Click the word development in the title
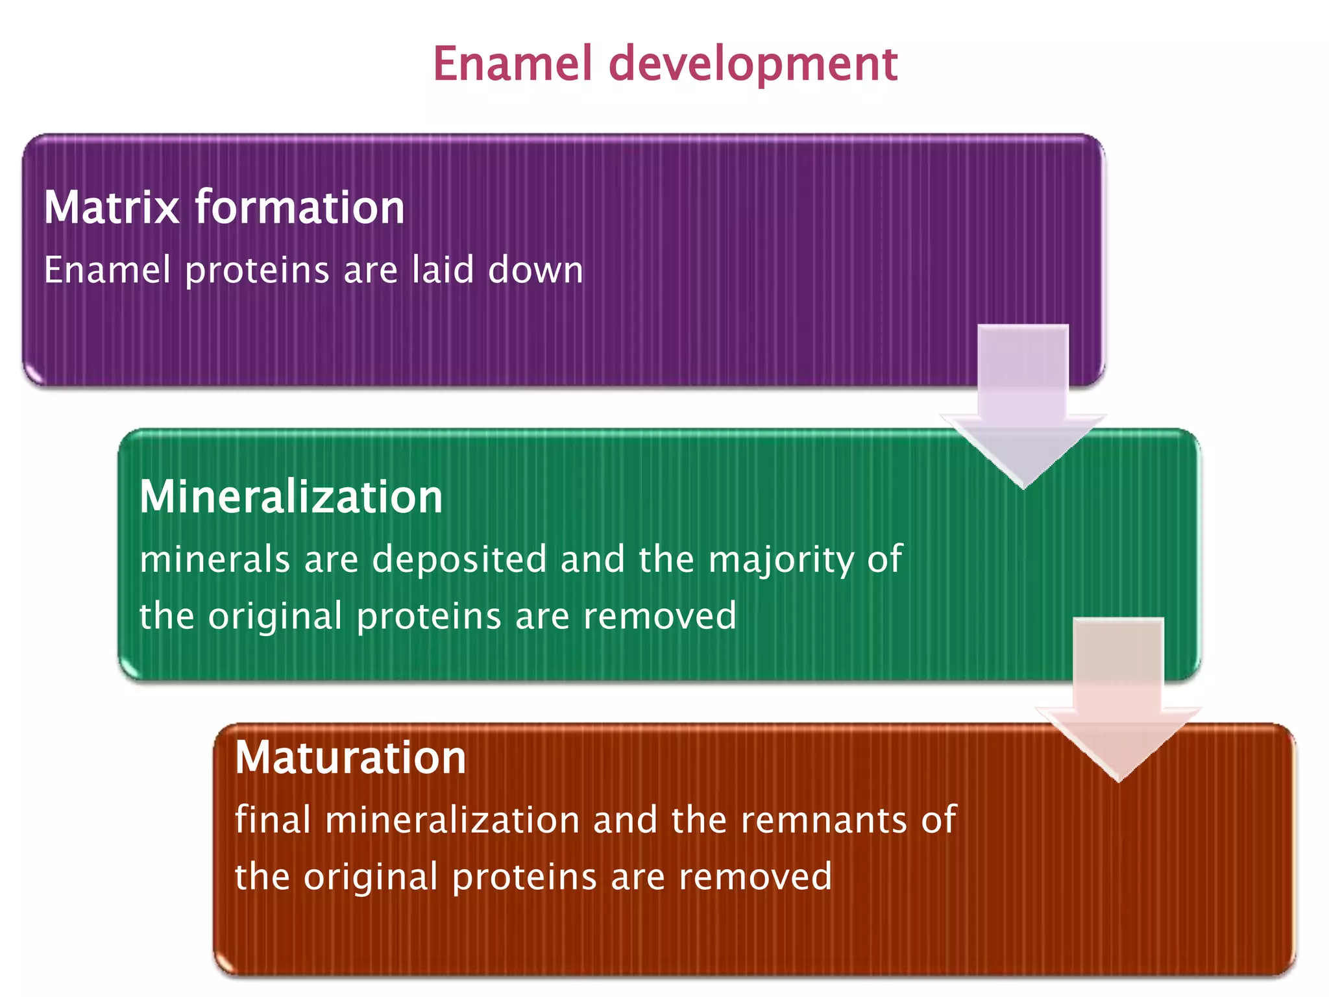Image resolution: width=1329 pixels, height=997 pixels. pyautogui.click(x=753, y=65)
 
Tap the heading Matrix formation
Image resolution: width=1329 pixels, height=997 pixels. pyautogui.click(x=224, y=208)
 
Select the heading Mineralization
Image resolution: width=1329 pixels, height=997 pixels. pyautogui.click(x=291, y=497)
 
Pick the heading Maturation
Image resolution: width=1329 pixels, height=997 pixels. pyautogui.click(x=350, y=758)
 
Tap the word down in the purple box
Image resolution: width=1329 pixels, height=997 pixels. pyautogui.click(x=535, y=269)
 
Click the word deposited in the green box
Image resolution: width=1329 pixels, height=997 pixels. pyautogui.click(x=459, y=560)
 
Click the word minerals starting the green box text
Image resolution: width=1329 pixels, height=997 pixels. pyautogui.click(x=215, y=560)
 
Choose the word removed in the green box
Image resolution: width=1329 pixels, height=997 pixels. pyautogui.click(x=660, y=616)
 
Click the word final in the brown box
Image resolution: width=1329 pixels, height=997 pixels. pyautogui.click(x=273, y=820)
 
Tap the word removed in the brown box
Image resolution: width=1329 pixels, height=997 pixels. pyautogui.click(x=755, y=877)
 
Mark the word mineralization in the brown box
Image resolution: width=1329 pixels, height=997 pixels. pyautogui.click(x=452, y=820)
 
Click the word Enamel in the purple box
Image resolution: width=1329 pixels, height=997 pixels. pyautogui.click(x=107, y=269)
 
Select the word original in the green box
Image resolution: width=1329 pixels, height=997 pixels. pyautogui.click(x=274, y=617)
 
